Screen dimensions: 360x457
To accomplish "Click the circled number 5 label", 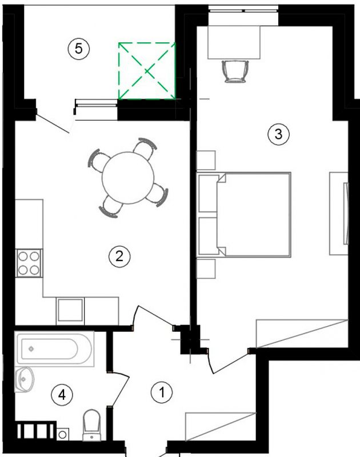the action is (79, 49).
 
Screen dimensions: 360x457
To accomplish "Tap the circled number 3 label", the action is (279, 134).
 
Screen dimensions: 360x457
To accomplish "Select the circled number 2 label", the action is (119, 256).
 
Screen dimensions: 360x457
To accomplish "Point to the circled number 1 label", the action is (162, 392).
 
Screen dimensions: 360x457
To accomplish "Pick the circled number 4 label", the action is (62, 395).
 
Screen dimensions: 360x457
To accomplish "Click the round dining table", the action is (128, 178).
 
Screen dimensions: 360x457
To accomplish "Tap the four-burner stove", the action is (29, 263).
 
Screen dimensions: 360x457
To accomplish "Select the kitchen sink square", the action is (70, 310).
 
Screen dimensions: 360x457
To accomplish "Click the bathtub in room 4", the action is (54, 349).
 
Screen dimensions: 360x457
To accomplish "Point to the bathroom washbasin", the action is (24, 379).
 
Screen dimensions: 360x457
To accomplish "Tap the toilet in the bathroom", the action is (92, 425).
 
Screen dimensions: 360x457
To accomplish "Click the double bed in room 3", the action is (243, 215).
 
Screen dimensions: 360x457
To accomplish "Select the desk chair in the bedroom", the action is (235, 71).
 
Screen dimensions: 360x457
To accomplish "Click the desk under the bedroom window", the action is (234, 42).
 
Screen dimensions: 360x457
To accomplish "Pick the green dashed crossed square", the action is (147, 71).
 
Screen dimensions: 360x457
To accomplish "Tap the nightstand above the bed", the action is (206, 161).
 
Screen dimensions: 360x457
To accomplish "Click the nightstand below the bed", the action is (206, 268).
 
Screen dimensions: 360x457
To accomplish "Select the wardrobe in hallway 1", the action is (221, 427).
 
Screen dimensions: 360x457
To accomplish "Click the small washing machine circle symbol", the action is (62, 435).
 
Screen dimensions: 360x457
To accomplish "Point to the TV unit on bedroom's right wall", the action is (339, 214).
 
